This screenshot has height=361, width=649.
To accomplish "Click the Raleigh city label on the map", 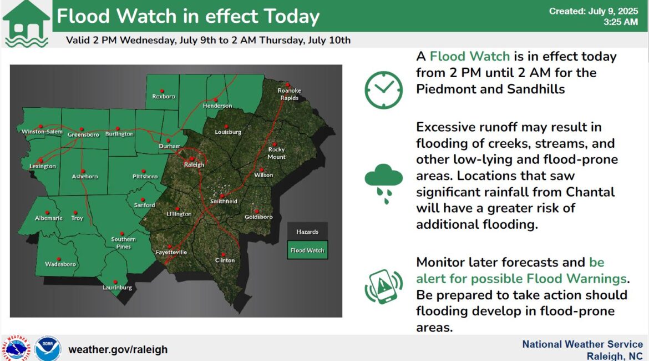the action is click(x=194, y=164).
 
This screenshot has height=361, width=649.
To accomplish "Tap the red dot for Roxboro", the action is click(x=162, y=91).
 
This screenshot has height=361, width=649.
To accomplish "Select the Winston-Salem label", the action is click(x=42, y=132).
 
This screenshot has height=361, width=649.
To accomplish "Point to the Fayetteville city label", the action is click(x=171, y=252).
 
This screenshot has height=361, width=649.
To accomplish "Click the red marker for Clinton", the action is click(x=224, y=254).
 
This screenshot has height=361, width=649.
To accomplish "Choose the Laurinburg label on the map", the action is click(x=117, y=288).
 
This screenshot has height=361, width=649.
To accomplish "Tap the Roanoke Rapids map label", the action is click(x=290, y=94).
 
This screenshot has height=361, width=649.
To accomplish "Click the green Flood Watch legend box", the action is click(x=307, y=250).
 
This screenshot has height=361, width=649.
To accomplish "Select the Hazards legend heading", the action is click(x=307, y=232).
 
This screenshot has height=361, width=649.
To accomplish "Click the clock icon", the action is click(x=383, y=90).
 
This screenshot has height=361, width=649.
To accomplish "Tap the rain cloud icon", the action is click(x=384, y=183).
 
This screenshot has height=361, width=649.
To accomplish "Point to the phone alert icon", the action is click(x=384, y=287).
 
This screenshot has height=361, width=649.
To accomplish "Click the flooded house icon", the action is click(x=26, y=24).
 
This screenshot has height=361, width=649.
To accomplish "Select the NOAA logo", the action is click(x=48, y=349).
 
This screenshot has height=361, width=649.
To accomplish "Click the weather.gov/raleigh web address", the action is click(x=118, y=349).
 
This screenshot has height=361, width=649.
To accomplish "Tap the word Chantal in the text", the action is click(x=590, y=192).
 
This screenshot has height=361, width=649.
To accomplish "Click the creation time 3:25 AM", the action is click(x=621, y=22).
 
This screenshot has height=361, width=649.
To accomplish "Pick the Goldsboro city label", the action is click(x=258, y=217).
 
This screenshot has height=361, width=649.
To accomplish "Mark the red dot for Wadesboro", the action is click(x=59, y=259).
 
